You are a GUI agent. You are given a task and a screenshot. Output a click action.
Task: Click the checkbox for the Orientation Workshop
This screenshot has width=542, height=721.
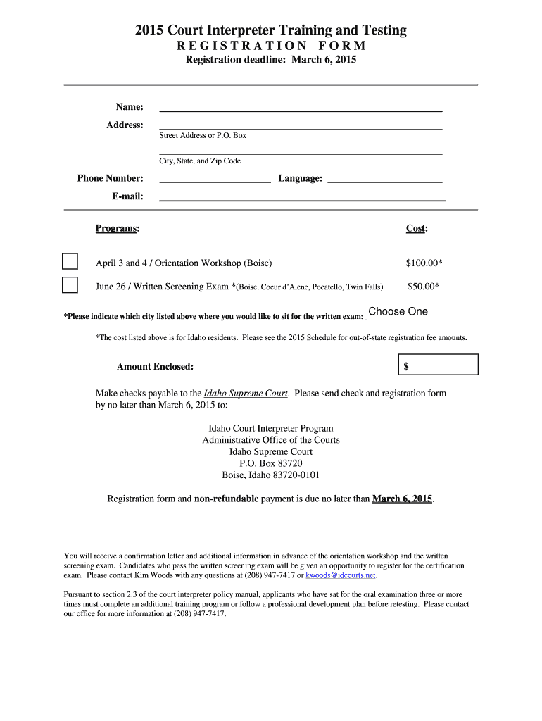click(70, 261)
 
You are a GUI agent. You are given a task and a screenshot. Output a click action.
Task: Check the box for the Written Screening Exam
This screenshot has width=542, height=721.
click(70, 285)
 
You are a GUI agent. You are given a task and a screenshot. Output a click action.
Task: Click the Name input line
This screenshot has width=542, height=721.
click(301, 106)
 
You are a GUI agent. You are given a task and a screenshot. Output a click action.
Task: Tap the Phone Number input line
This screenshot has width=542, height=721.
click(215, 178)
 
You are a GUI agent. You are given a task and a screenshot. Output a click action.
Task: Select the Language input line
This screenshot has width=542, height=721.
click(385, 178)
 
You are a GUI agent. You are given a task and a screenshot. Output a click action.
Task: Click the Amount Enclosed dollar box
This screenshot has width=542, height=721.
click(438, 365)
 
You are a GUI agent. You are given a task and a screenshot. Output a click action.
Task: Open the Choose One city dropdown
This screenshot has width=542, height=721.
click(398, 312)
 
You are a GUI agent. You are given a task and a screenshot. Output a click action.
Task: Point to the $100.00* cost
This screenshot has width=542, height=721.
click(424, 263)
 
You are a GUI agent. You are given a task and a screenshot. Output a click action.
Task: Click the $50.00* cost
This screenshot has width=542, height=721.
click(424, 287)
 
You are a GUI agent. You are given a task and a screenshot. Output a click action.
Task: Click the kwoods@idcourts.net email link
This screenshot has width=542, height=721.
click(341, 575)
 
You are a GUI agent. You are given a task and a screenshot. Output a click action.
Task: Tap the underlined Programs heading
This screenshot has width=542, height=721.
click(117, 228)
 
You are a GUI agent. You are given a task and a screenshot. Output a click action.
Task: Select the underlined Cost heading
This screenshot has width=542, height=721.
click(416, 228)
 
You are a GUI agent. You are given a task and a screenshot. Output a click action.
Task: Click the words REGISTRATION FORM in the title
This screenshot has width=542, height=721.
click(271, 46)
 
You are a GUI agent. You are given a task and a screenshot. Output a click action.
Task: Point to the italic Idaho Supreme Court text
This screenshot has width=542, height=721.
click(245, 394)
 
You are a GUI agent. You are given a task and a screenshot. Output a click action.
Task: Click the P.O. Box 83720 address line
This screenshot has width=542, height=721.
click(271, 463)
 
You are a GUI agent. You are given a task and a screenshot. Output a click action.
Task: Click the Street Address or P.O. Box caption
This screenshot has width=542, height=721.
click(203, 135)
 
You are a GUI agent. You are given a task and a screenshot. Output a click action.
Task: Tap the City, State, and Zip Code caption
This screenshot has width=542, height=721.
click(200, 161)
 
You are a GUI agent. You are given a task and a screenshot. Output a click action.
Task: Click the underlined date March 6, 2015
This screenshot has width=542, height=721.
click(402, 499)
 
